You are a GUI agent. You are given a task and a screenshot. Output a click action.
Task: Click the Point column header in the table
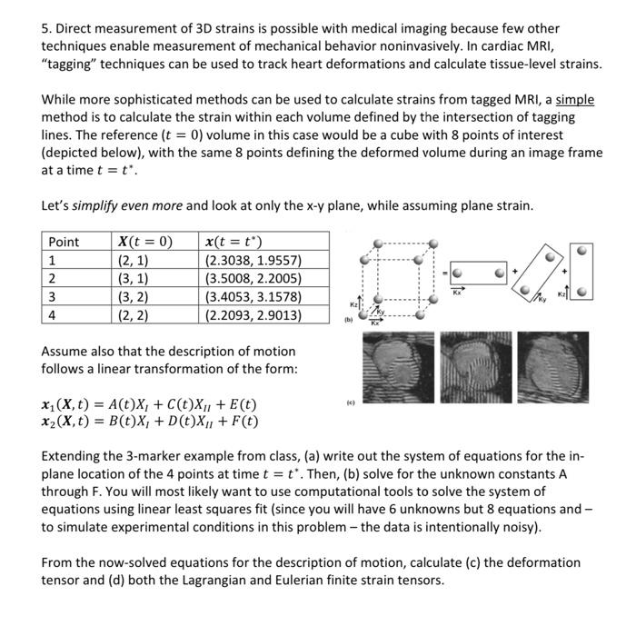64,242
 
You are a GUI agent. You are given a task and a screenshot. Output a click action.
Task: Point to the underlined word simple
574,99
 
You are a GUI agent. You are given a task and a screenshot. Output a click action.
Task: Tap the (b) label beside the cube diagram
347,320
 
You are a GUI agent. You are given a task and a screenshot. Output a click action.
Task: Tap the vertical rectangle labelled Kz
587,271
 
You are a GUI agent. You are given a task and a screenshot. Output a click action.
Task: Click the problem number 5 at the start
45,29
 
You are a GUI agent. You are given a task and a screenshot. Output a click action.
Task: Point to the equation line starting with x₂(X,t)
150,422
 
